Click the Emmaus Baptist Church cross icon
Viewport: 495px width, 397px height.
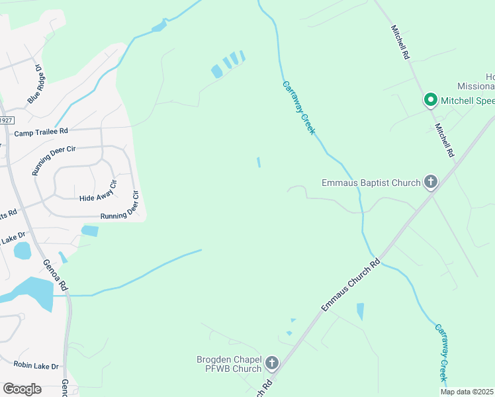coord(431,182)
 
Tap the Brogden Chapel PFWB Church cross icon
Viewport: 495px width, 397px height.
coord(271,363)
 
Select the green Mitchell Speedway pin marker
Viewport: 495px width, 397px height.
coord(430,101)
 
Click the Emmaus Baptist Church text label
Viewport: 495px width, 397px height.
coord(371,183)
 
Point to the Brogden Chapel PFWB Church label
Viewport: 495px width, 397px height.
coord(229,363)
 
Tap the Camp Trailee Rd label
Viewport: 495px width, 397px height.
coord(41,132)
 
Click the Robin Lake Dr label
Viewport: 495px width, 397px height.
coord(36,365)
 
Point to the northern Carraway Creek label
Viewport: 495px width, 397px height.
coord(299,107)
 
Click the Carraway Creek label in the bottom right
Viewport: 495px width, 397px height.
coord(441,352)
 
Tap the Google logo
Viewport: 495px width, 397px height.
coord(22,389)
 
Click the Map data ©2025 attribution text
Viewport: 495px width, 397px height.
coord(467,391)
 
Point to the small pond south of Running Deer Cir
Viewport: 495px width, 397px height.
coord(89,231)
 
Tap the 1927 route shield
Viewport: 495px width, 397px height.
coord(6,120)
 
